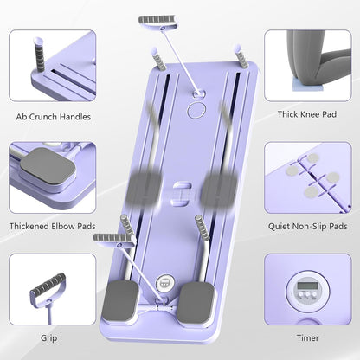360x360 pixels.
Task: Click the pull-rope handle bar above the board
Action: pyautogui.click(x=156, y=20)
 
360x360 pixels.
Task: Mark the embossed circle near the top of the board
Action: pyautogui.click(x=194, y=112)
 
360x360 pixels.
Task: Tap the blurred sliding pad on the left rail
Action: pyautogui.click(x=142, y=185)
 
